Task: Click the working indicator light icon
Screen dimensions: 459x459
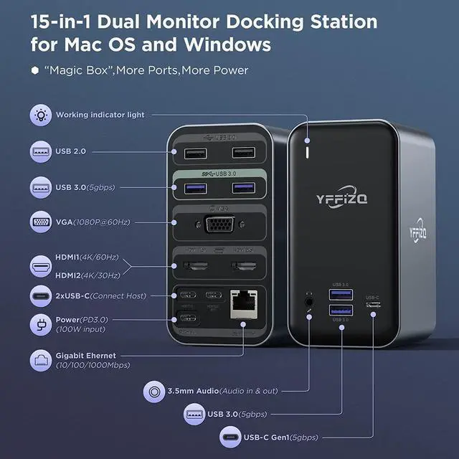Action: [41, 115]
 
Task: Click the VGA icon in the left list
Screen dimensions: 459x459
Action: [41, 222]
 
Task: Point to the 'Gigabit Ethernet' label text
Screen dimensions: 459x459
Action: [85, 355]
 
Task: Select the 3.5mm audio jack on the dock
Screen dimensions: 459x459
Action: [310, 301]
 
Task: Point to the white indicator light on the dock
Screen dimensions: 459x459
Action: [309, 152]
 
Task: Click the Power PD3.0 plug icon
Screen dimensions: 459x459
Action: [41, 323]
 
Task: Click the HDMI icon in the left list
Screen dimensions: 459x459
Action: [41, 267]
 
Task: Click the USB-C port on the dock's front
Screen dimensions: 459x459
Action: [373, 305]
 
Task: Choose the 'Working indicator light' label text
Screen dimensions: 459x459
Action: [100, 115]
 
